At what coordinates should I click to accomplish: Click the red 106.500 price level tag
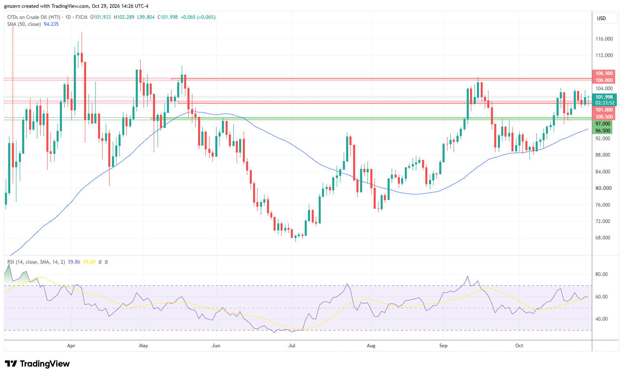(x=604, y=73)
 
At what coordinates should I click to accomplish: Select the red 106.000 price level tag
(x=604, y=80)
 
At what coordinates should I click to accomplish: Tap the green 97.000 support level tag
(x=602, y=123)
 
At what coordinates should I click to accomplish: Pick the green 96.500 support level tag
(x=602, y=130)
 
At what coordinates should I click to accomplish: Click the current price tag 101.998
(x=605, y=97)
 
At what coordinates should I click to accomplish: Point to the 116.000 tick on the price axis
(x=604, y=39)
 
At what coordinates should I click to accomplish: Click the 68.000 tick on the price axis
(x=603, y=238)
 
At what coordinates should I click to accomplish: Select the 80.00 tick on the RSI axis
(x=601, y=274)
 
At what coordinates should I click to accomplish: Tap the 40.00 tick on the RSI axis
(x=601, y=319)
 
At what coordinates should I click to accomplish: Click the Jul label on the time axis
(x=292, y=346)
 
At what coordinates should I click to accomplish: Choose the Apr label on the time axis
(x=71, y=346)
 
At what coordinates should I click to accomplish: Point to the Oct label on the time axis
(x=519, y=346)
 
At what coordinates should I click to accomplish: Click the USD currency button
(x=601, y=18)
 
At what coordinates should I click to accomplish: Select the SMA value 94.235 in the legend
(x=51, y=24)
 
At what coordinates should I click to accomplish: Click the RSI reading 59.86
(x=74, y=262)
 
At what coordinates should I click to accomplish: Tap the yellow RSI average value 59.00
(x=89, y=262)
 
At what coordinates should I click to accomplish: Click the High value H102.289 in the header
(x=124, y=17)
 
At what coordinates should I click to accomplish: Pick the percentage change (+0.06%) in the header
(x=206, y=17)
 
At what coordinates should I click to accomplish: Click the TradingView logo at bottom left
(x=37, y=364)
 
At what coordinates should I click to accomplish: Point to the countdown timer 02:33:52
(x=605, y=103)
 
